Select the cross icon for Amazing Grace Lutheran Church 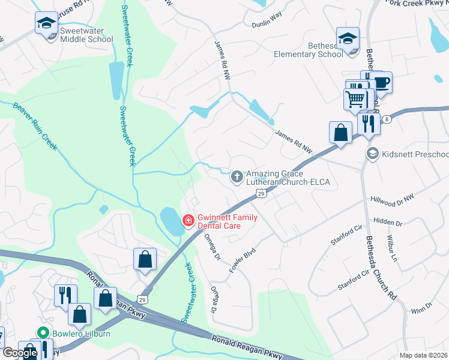pos(237,177)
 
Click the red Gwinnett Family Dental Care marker pos(188,221)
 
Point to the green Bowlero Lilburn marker pos(42,332)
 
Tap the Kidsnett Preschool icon pos(373,154)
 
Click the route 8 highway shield pos(388,119)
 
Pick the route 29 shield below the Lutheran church pos(261,193)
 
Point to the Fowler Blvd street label pos(243,260)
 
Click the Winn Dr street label pos(422,308)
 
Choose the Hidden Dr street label pos(387,221)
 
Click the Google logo pos(20,353)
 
